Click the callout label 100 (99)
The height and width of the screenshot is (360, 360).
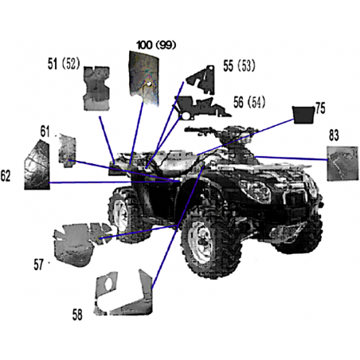(x=156, y=45)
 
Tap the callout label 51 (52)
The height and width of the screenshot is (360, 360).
(x=64, y=64)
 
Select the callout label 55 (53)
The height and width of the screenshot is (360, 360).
(x=239, y=66)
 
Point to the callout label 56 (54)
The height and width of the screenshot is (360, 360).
(x=249, y=102)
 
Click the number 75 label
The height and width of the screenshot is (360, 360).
(x=320, y=108)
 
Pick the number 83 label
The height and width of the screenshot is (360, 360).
(x=334, y=135)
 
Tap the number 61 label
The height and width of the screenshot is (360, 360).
(x=45, y=131)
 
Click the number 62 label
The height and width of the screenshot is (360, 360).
(x=6, y=176)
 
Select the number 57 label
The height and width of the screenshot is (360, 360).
(x=38, y=264)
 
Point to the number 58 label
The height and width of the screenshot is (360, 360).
(x=77, y=315)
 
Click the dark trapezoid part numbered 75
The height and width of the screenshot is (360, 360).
(x=303, y=115)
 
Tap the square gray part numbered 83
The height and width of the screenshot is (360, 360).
(x=342, y=163)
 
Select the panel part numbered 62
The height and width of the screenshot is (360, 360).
(x=37, y=166)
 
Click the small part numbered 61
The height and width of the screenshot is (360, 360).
(x=68, y=151)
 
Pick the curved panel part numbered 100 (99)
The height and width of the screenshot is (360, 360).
(x=144, y=78)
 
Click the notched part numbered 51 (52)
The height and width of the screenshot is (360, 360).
(x=96, y=88)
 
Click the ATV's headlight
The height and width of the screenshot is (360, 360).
(x=255, y=190)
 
